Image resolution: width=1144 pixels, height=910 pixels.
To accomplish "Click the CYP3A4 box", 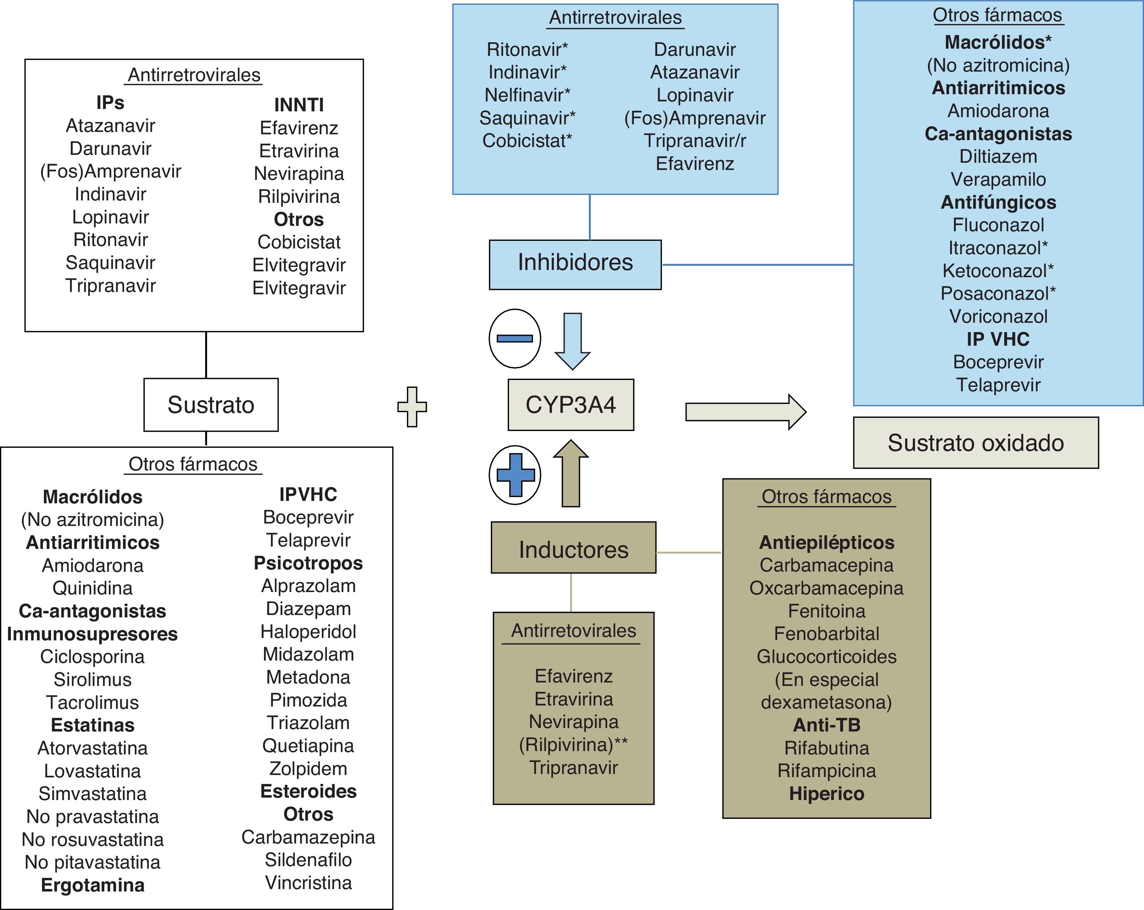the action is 570,405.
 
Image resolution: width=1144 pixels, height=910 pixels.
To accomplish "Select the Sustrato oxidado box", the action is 976,443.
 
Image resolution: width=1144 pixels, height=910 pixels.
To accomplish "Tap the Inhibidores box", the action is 575,265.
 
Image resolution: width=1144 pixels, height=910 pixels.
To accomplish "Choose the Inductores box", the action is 574,547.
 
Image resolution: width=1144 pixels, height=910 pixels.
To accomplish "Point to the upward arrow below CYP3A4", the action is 571,474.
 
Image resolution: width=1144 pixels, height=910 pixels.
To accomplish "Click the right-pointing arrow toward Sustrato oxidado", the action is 746,411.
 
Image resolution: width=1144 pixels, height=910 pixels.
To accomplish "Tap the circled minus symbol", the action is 515,338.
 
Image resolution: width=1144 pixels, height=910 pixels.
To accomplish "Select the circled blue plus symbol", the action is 515,475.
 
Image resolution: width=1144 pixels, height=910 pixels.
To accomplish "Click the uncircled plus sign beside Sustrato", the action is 412,407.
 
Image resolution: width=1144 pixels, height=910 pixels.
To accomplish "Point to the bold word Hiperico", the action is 827,794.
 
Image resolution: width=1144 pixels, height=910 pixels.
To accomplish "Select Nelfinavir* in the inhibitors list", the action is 527,95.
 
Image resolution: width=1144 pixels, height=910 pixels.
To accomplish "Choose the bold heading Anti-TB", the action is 827,725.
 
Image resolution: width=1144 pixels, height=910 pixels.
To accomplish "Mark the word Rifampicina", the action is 827,771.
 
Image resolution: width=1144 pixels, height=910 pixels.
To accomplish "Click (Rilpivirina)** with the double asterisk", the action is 574,745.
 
